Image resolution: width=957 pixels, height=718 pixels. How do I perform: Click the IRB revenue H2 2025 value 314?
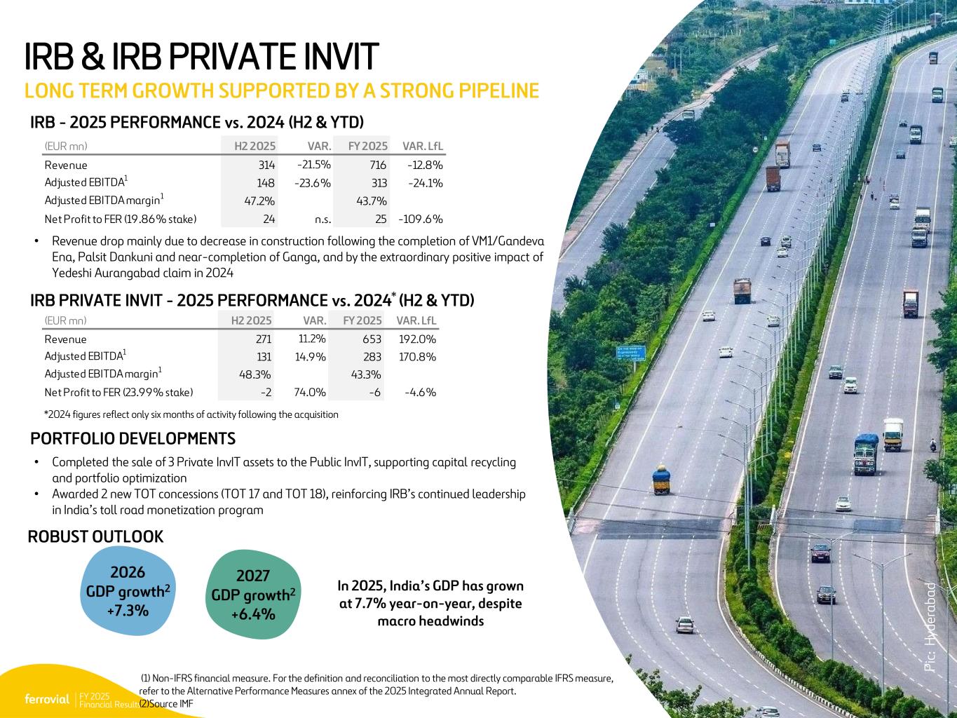pyautogui.click(x=266, y=165)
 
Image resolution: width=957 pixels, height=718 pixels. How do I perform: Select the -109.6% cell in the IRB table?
pyautogui.click(x=421, y=219)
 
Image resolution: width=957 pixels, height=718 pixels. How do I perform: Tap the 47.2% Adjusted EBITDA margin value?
pyautogui.click(x=259, y=201)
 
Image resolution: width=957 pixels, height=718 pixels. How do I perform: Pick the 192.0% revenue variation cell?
pyautogui.click(x=417, y=339)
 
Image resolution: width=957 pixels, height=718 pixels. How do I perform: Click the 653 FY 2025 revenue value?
pyautogui.click(x=372, y=339)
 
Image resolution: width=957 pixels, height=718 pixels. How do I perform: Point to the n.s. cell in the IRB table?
pyautogui.click(x=323, y=219)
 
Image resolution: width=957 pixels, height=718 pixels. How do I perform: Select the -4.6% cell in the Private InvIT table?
pyautogui.click(x=420, y=393)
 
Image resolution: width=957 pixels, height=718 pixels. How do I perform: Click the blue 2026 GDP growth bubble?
pyautogui.click(x=128, y=591)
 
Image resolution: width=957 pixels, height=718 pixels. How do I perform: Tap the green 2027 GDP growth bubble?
pyautogui.click(x=253, y=595)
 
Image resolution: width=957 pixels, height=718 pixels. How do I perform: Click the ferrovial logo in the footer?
pyautogui.click(x=47, y=699)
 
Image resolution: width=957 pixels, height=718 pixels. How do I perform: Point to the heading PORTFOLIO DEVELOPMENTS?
pyautogui.click(x=133, y=438)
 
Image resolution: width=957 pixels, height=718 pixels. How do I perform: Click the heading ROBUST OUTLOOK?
pyautogui.click(x=95, y=536)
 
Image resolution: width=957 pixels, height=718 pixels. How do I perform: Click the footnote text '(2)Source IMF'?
pyautogui.click(x=166, y=703)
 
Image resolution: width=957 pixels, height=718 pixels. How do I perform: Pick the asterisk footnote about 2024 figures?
pyautogui.click(x=191, y=414)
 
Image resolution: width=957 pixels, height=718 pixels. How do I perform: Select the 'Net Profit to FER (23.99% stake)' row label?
pyautogui.click(x=118, y=393)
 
